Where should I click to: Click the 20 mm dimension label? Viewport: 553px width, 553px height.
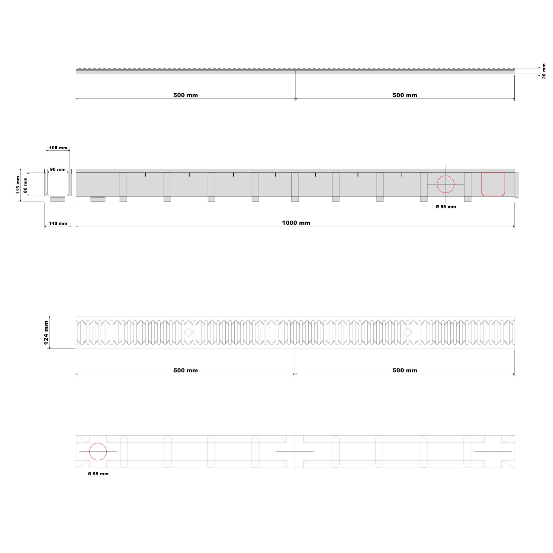coord(544,71)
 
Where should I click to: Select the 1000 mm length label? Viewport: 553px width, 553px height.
coord(296,223)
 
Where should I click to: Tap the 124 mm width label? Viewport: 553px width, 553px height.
coord(46,332)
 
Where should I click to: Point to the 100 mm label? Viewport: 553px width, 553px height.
coord(58,148)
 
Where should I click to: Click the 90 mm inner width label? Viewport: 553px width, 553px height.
coord(58,170)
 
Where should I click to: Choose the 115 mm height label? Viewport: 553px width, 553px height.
coord(18,185)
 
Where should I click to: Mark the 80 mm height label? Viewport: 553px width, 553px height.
coord(25,185)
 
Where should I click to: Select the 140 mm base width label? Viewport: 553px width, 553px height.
coord(58,224)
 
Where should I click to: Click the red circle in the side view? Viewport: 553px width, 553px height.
coord(446,176)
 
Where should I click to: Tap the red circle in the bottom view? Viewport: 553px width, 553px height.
coord(98,443)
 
